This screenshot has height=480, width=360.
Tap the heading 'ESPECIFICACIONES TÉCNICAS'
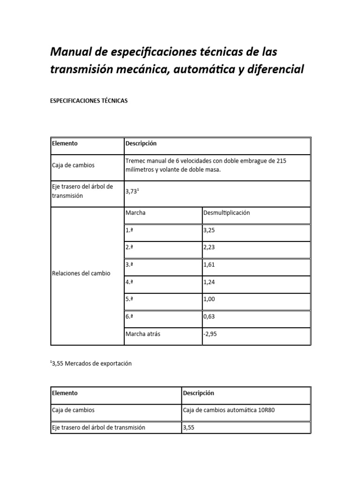(89, 101)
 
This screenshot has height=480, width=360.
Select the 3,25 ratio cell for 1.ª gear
(212, 231)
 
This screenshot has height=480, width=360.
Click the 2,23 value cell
(212, 248)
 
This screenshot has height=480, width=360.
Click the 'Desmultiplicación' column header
(227, 213)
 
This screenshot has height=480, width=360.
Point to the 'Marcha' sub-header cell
(135, 213)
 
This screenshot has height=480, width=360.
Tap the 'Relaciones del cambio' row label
(81, 273)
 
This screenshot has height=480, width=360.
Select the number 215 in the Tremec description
(281, 161)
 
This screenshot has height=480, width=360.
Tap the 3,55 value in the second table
(188, 427)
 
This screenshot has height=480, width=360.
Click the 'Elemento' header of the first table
(65, 143)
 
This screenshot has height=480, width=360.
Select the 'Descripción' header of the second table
(198, 393)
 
